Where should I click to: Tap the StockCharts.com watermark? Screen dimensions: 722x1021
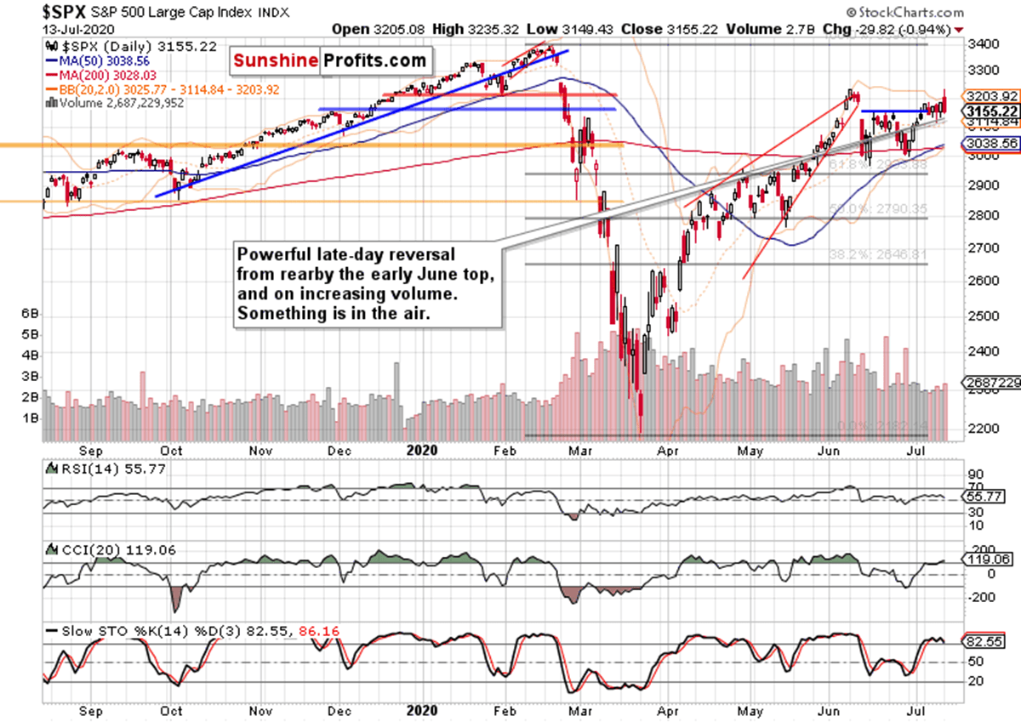[905, 13]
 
